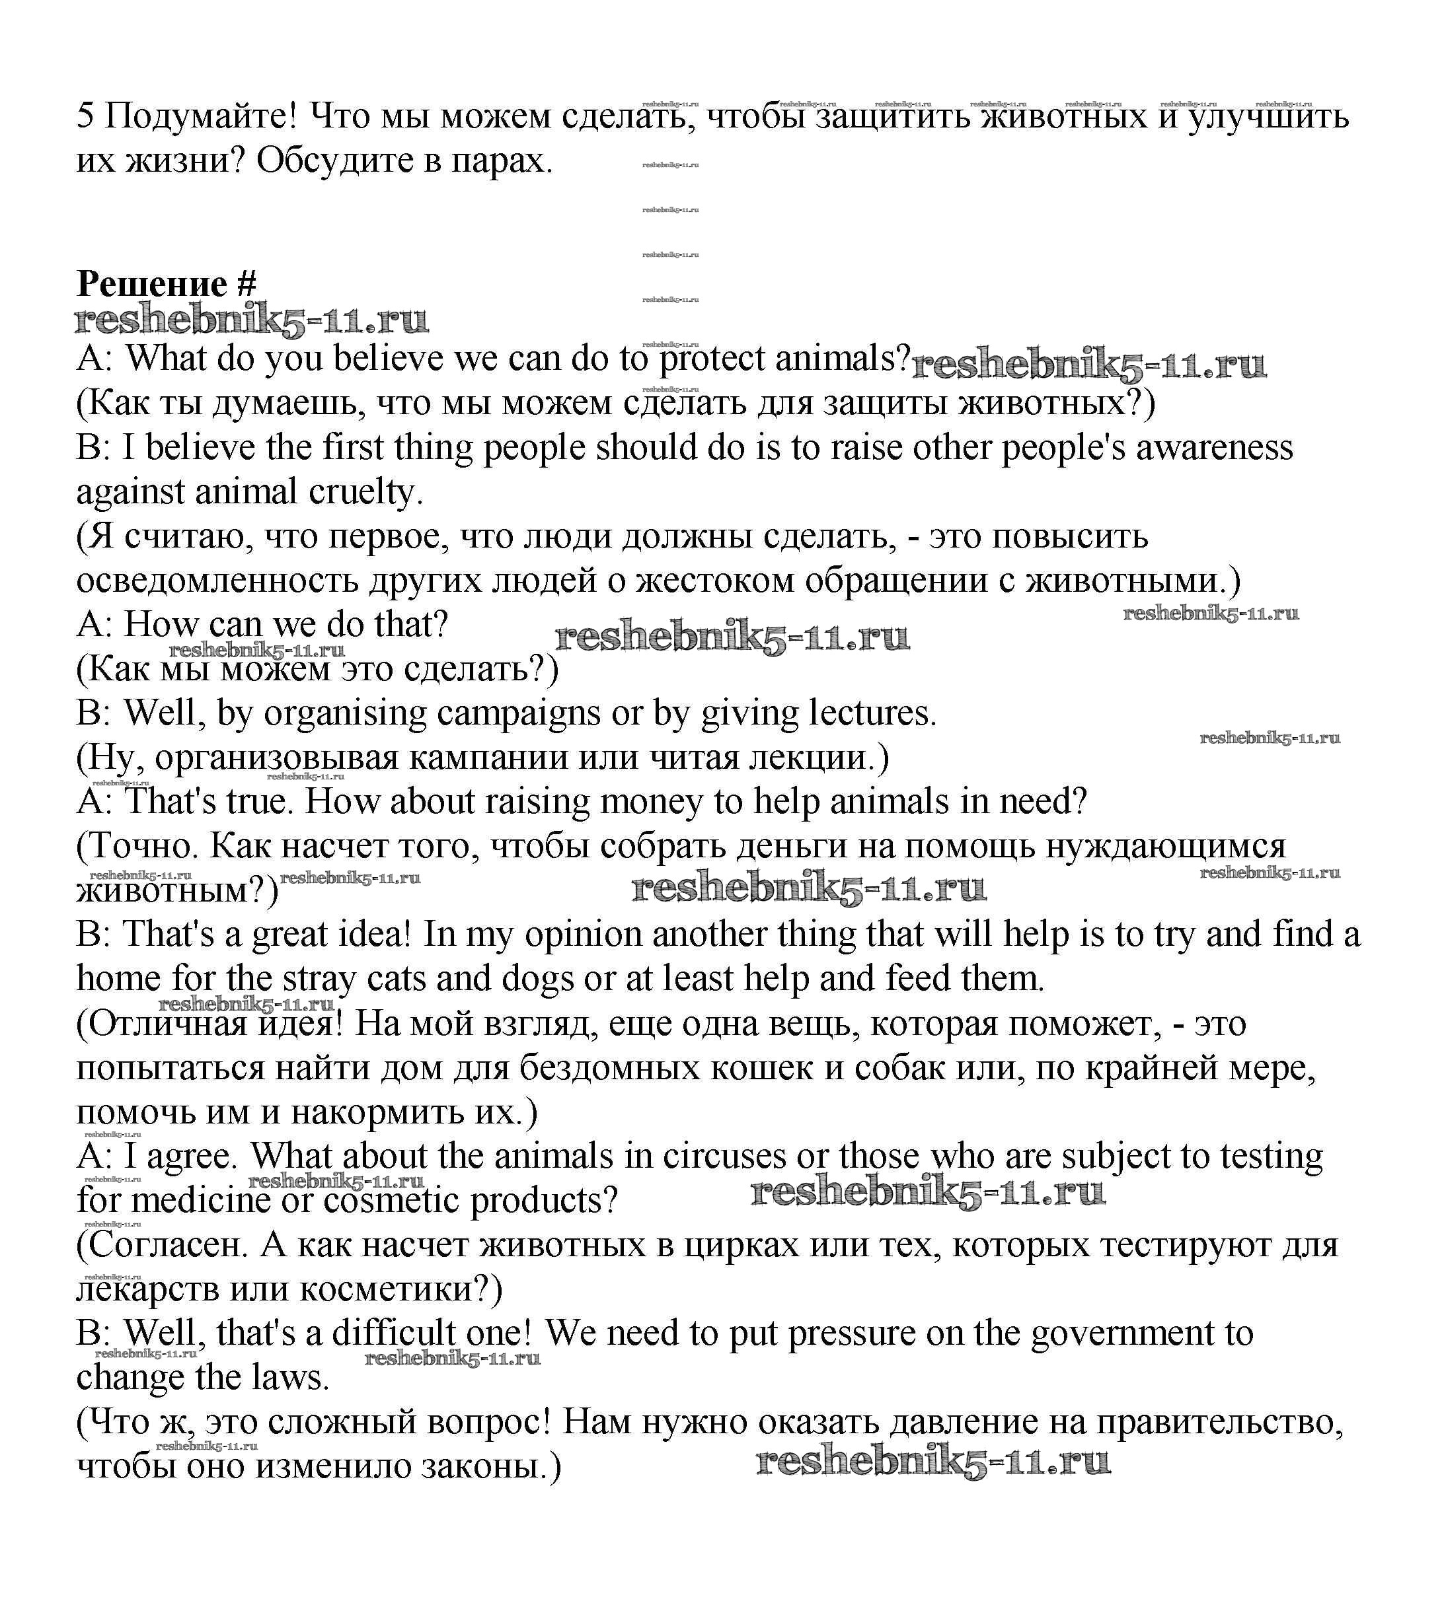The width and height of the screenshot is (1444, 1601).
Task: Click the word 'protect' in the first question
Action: [712, 359]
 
